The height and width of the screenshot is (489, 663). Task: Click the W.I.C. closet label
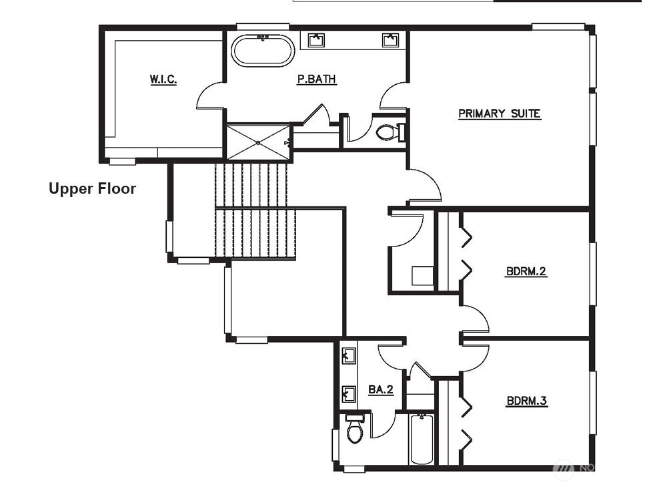(x=163, y=79)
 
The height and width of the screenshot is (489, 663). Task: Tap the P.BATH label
(x=316, y=79)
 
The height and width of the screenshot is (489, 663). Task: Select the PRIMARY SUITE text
(x=499, y=114)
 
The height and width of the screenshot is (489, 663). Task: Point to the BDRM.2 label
(x=526, y=272)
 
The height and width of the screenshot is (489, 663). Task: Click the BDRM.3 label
(x=526, y=401)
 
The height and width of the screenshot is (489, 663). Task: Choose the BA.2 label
(x=380, y=389)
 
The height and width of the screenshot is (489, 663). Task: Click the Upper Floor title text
(x=92, y=188)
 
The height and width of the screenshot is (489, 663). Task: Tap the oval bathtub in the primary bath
(x=262, y=51)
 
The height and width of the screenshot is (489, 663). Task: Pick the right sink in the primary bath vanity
(x=390, y=40)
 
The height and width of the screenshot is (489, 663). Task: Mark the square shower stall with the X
(x=258, y=142)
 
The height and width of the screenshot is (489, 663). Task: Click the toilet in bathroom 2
(x=355, y=430)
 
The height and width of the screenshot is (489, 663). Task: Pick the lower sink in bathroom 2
(x=348, y=393)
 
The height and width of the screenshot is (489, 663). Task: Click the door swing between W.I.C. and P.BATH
(x=211, y=96)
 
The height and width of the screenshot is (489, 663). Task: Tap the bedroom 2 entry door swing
(x=474, y=319)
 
